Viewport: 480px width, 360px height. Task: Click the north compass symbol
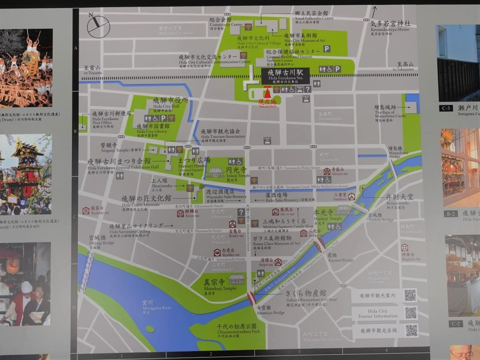98,26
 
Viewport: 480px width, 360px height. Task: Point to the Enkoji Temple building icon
217,172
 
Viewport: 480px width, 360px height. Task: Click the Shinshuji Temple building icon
236,280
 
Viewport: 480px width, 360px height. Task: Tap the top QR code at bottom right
410,295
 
